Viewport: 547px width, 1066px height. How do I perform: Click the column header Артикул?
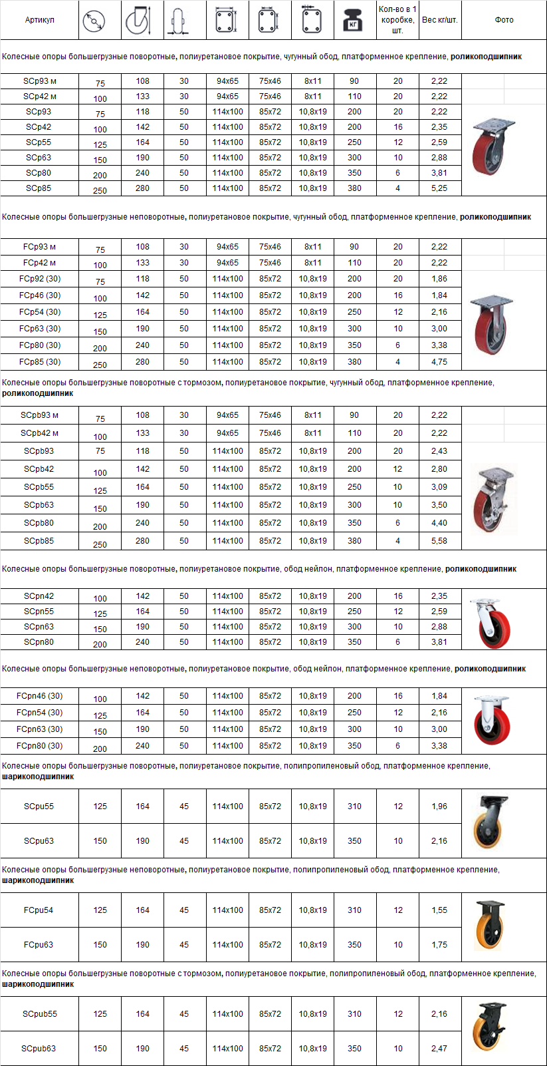tap(39, 20)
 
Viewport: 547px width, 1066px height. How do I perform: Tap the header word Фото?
tap(504, 20)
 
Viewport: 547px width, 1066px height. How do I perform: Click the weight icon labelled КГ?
tap(354, 21)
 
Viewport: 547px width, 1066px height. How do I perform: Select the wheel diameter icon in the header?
tap(94, 21)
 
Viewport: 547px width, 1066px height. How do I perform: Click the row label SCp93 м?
tap(39, 81)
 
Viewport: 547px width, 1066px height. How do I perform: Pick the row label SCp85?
tap(39, 188)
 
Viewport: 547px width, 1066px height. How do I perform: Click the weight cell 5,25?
tap(439, 188)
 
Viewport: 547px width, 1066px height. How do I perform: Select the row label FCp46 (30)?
tap(39, 295)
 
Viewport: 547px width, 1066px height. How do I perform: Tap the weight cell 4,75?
tap(439, 362)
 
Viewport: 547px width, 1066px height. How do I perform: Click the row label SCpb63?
tap(39, 505)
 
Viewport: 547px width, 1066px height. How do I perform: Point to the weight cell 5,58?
tap(439, 541)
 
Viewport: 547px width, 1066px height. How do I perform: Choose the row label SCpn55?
tap(39, 612)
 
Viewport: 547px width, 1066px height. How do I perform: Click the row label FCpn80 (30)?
tap(39, 746)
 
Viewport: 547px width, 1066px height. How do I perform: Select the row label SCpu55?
tap(39, 806)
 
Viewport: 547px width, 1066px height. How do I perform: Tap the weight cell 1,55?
tap(439, 910)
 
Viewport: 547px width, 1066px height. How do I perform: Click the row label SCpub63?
tap(39, 1049)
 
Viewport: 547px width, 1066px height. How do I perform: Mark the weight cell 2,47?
tap(439, 1049)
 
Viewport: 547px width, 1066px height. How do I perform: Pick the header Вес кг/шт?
tap(439, 20)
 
